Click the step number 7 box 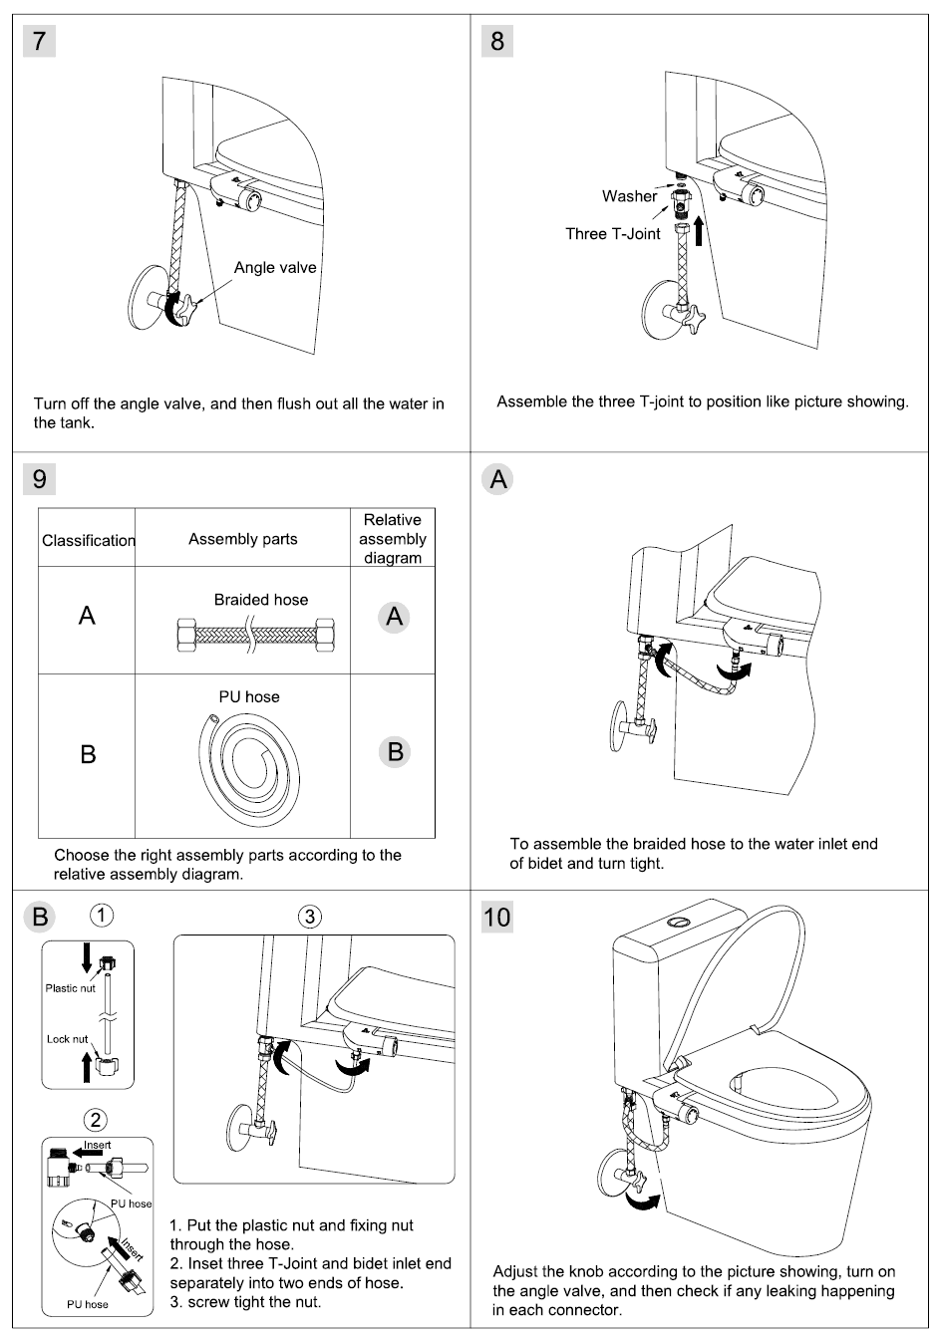(x=39, y=41)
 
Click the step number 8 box (x=497, y=41)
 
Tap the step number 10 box (x=496, y=917)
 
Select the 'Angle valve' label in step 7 (x=274, y=267)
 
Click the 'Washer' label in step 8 (x=629, y=196)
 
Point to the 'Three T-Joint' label (x=613, y=234)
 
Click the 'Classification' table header (x=88, y=540)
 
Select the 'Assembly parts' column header (x=242, y=539)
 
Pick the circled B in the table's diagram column (x=395, y=752)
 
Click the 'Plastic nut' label (x=70, y=988)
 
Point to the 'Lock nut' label (x=67, y=1039)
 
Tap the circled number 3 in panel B (x=310, y=916)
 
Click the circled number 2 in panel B (x=96, y=1120)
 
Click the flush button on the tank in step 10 (x=679, y=921)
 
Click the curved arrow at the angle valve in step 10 (x=640, y=1202)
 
